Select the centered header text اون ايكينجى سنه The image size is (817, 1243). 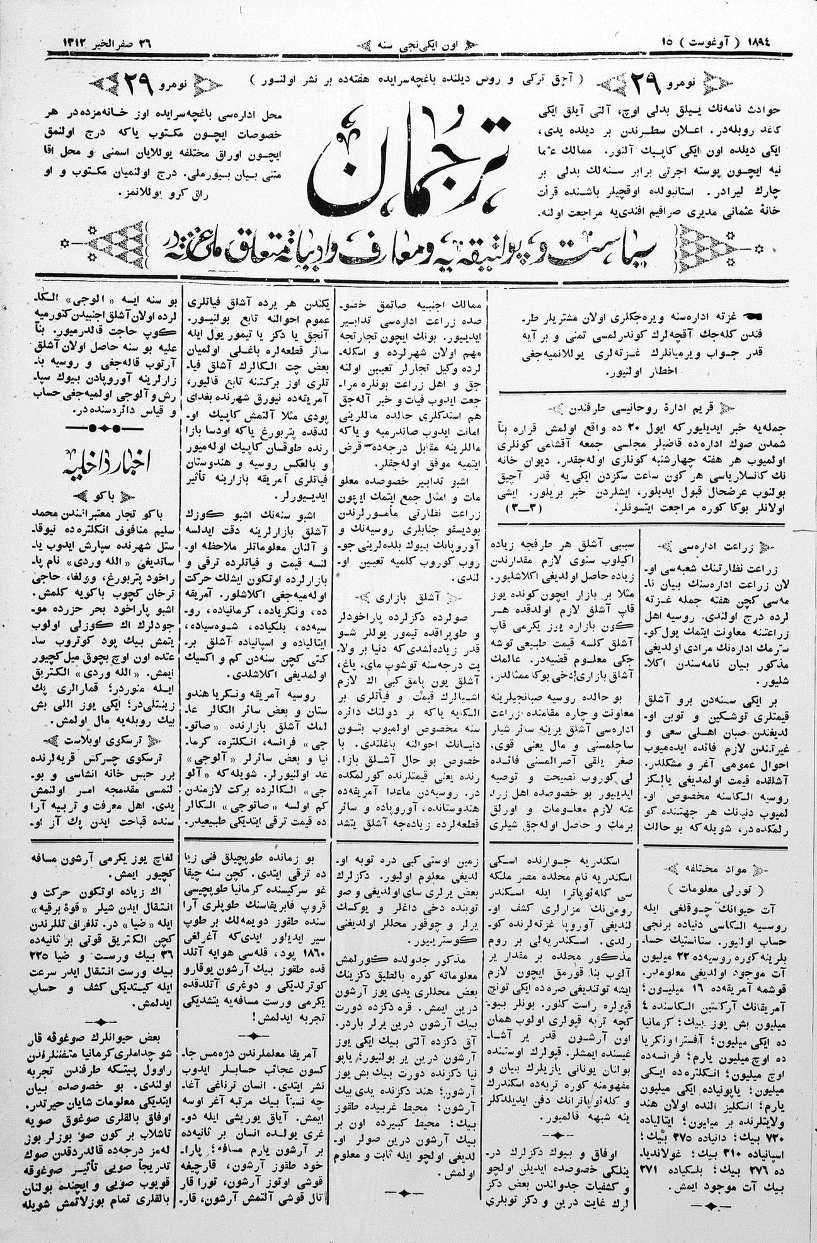(x=415, y=45)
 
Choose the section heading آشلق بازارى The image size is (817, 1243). (x=403, y=595)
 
